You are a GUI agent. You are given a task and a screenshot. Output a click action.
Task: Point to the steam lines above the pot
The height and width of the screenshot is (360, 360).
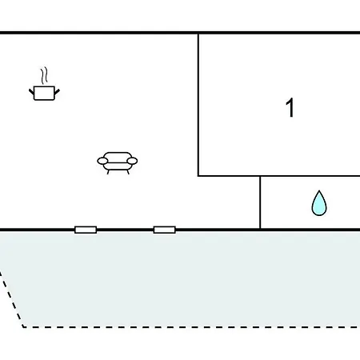pos(44,75)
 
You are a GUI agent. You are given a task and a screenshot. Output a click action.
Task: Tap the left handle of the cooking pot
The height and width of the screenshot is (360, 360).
pos(31,92)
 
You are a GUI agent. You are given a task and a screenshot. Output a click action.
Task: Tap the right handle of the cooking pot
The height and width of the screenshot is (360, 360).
pos(57,92)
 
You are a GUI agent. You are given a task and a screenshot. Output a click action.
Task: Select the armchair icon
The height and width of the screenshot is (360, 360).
pos(118,163)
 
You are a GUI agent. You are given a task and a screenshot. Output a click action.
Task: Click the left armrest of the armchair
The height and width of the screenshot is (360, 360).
pos(102,161)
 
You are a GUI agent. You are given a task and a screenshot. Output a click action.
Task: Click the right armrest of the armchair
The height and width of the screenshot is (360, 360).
pos(132,161)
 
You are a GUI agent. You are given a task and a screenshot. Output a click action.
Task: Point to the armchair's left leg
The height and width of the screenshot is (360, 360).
pos(108,172)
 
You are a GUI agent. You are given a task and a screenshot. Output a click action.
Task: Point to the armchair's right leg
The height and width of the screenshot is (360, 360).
pos(128,172)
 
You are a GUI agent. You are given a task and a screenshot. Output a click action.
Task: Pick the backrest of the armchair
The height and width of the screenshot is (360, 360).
pos(118,157)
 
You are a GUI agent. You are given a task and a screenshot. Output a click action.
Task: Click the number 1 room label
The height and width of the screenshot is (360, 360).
pos(290,107)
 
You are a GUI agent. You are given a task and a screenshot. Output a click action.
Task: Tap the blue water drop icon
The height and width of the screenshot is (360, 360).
pos(319,203)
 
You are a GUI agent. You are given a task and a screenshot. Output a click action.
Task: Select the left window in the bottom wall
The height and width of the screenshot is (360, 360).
pos(86,230)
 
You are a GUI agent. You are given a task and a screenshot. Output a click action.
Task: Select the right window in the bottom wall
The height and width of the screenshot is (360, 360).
pos(165,230)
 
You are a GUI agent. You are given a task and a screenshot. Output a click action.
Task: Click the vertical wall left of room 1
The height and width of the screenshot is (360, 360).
pos(198,105)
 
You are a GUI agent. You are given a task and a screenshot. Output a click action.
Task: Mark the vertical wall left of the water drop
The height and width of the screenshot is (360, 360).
pos(260,202)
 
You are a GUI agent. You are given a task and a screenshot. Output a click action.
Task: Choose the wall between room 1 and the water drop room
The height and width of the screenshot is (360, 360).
pos(279,176)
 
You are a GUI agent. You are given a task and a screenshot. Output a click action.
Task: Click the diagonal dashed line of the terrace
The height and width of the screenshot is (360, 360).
pos(11,299)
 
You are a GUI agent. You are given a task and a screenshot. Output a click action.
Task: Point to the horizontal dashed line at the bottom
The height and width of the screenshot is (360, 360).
pos(191,327)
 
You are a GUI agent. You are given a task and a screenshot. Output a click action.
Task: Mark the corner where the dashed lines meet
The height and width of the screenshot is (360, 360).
pos(23,327)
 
